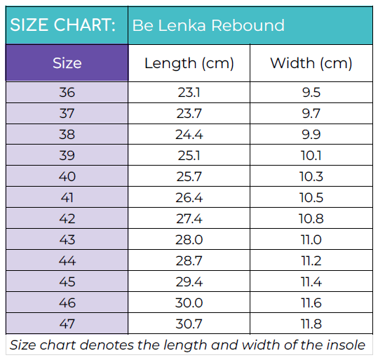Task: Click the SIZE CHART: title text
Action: (x=62, y=26)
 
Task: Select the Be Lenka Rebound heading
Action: (x=208, y=26)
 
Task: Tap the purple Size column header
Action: (x=67, y=63)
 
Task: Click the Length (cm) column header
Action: (x=188, y=63)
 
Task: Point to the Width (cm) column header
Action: (x=311, y=63)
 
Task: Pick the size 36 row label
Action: (x=67, y=93)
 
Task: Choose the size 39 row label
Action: (x=67, y=155)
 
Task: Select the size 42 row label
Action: (x=67, y=218)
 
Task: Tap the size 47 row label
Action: (x=67, y=324)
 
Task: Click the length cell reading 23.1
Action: (x=189, y=93)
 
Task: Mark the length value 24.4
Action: (x=189, y=134)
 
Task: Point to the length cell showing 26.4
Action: (x=189, y=197)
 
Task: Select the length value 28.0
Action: (x=189, y=239)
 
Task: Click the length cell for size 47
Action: (x=189, y=324)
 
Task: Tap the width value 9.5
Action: (x=311, y=93)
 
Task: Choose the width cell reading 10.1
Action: (x=311, y=155)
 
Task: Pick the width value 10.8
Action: (x=311, y=218)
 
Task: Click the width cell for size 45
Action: (x=311, y=281)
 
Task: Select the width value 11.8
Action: (x=311, y=324)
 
